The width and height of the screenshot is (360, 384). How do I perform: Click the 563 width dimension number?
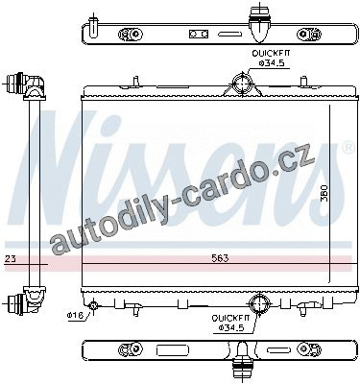tap(220, 258)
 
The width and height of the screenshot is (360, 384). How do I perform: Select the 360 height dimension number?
tap(324, 193)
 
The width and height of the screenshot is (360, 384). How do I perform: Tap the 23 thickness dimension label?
tap(11, 259)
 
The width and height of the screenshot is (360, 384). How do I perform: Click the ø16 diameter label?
tap(75, 315)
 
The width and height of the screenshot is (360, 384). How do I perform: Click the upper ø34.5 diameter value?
tap(272, 63)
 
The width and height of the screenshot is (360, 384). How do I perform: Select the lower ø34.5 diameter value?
tap(231, 327)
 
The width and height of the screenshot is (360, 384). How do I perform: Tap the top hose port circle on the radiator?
tap(243, 83)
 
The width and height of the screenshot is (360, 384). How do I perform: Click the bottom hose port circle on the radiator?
tap(259, 303)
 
